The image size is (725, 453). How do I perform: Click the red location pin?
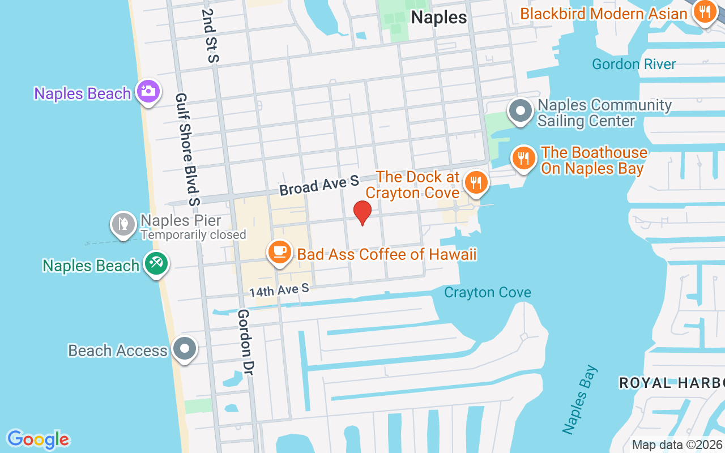pyautogui.click(x=362, y=213)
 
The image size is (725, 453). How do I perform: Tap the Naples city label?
pyautogui.click(x=439, y=17)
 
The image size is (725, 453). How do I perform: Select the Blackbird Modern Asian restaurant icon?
pyautogui.click(x=704, y=11)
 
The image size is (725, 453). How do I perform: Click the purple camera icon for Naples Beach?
pyautogui.click(x=148, y=92)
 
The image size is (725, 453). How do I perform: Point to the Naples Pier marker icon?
pyautogui.click(x=123, y=224)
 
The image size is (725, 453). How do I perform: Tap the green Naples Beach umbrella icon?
pyautogui.click(x=156, y=264)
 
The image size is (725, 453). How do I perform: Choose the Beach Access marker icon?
pyautogui.click(x=185, y=349)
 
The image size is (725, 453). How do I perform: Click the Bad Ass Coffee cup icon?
pyautogui.click(x=279, y=253)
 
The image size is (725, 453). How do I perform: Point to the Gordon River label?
pyautogui.click(x=634, y=64)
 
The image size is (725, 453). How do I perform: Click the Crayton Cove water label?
pyautogui.click(x=488, y=293)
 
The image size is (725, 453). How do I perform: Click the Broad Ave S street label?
pyautogui.click(x=319, y=185)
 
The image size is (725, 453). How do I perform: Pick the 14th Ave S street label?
pyautogui.click(x=279, y=290)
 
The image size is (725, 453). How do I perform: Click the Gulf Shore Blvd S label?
pyautogui.click(x=188, y=149)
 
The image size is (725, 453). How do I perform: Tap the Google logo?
pyautogui.click(x=39, y=439)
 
